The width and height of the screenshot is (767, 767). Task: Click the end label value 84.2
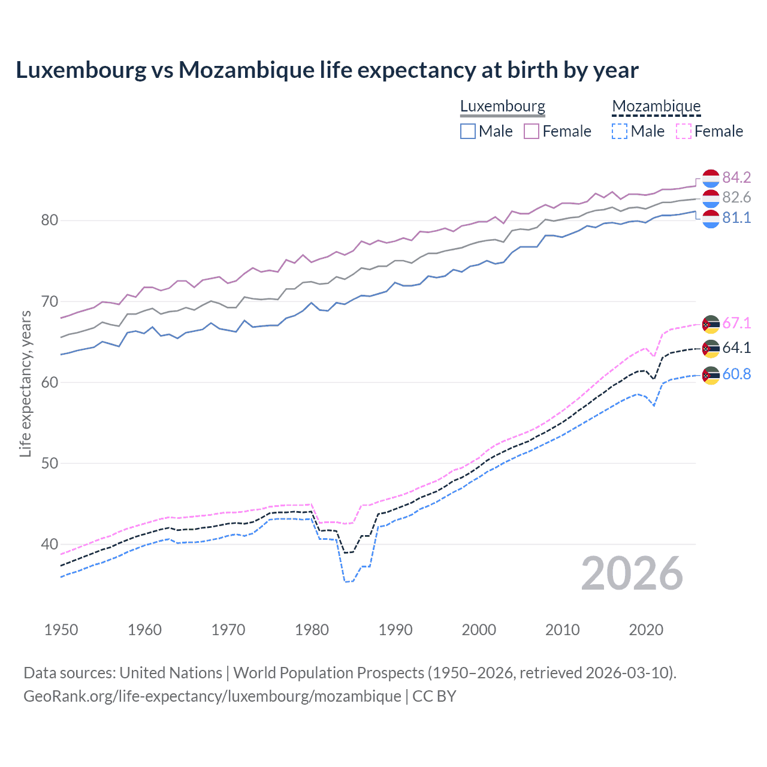736,177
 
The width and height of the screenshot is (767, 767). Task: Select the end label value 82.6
736,198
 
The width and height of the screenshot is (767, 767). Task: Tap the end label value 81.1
736,218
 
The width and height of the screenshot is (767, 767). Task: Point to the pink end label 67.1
736,324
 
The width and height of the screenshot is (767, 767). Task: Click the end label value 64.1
736,348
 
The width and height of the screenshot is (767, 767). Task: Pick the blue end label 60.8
736,375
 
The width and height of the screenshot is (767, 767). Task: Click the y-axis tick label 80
49,221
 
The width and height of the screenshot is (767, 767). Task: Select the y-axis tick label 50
49,463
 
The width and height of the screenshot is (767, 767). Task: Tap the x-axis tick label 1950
61,630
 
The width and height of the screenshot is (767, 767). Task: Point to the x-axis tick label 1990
395,630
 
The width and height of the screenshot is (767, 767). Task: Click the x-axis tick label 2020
646,630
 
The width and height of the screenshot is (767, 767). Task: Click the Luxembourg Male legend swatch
468,131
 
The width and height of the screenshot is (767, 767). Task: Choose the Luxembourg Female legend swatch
532,131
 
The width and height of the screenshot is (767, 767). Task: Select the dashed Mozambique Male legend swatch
620,131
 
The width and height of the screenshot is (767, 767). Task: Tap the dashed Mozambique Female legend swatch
684,131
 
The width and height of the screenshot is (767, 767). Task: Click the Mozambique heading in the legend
656,107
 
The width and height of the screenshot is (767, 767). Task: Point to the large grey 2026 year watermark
632,573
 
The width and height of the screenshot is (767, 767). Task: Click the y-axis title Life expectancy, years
25,383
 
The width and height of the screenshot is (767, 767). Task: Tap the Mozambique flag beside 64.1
711,348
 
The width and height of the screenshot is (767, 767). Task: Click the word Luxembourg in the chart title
81,70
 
